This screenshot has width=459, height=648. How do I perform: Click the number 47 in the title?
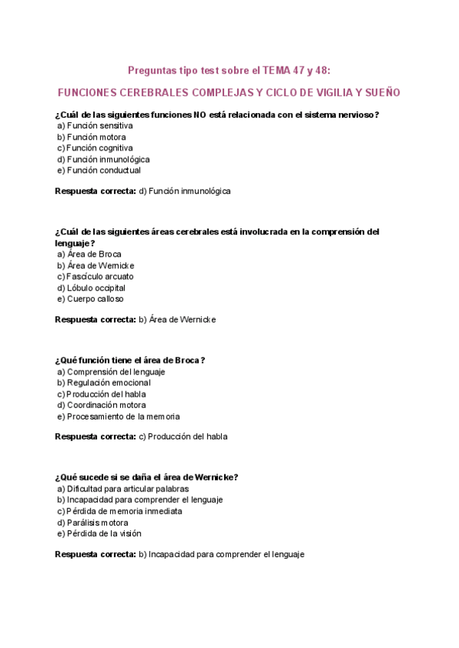point(294,70)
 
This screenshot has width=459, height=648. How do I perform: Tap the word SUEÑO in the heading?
point(380,92)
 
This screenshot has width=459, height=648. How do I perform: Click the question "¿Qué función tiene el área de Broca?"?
point(130,360)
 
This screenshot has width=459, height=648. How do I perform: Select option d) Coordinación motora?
point(101,405)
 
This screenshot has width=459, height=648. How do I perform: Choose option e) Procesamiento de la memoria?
point(118,416)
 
